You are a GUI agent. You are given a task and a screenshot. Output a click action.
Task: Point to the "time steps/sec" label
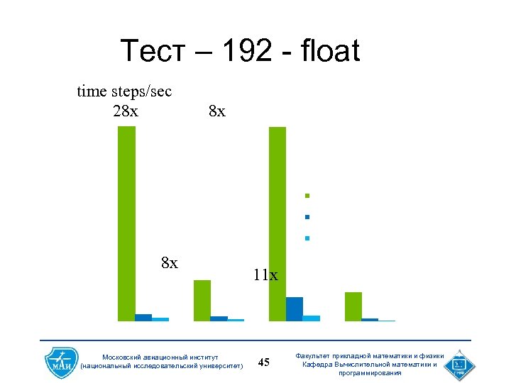[124, 91]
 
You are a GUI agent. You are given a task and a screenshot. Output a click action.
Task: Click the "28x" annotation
[126, 111]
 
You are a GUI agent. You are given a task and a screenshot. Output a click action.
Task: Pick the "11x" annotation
[265, 274]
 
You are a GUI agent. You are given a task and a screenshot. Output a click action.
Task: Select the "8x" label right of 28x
[217, 111]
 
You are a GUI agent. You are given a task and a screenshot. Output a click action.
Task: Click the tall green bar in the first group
[126, 223]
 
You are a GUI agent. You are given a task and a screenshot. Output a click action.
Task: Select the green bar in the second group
[202, 301]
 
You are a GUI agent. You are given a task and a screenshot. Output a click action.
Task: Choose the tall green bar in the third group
[278, 223]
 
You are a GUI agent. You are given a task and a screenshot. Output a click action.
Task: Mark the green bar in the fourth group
[353, 306]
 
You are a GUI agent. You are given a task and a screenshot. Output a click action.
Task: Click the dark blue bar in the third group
[295, 309]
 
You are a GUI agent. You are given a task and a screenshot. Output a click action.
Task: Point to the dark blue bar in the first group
[143, 318]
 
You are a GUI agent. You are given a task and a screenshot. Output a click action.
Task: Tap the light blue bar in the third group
[312, 318]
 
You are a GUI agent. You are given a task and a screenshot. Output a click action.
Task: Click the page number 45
[264, 363]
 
